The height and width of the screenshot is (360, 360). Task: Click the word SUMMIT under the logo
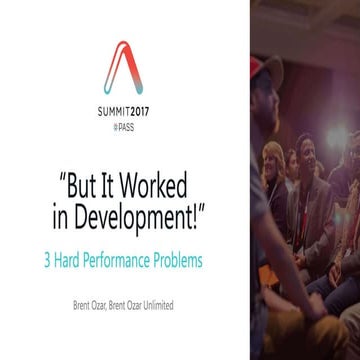[118, 115]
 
